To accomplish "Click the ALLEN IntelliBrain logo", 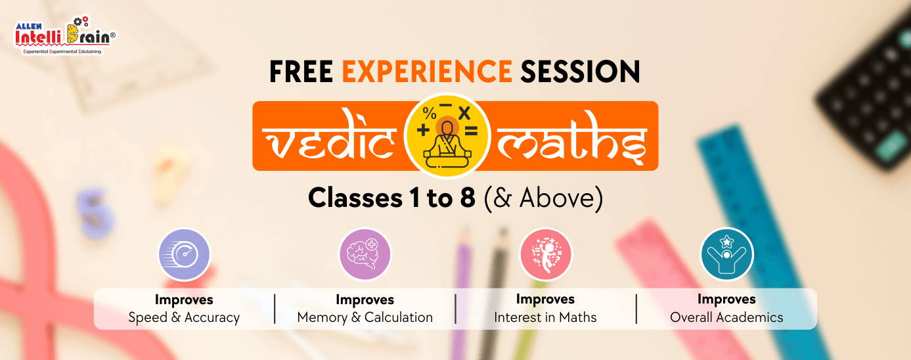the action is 65,35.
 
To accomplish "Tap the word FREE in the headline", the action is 301,72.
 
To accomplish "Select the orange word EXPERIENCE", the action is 427,72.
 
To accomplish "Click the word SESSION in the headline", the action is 581,72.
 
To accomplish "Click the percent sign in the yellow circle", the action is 430,113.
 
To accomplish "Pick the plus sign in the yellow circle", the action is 423,130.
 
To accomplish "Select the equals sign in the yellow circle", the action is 472,131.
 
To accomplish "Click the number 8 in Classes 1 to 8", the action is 468,198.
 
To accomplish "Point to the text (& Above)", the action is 543,198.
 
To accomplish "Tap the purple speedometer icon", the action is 184,254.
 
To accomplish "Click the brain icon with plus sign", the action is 365,254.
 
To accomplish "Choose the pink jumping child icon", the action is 546,254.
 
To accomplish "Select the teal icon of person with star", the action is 727,254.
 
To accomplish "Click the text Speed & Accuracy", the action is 184,317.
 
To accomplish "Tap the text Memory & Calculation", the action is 365,317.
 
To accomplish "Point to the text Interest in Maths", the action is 545,317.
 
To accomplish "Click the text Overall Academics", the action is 726,317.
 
